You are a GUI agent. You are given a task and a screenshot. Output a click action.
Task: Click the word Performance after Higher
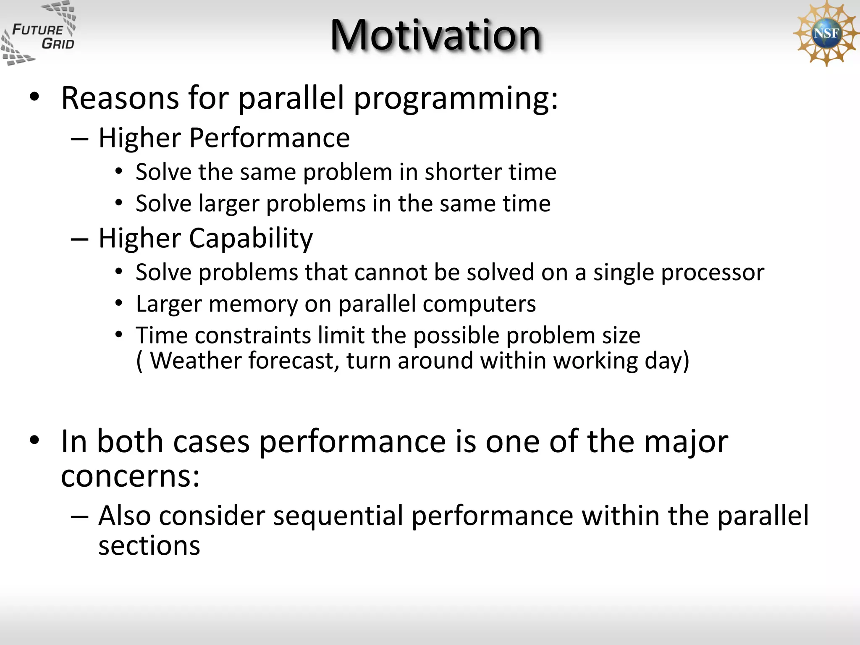(269, 138)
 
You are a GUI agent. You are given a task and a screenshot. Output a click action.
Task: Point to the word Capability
(251, 239)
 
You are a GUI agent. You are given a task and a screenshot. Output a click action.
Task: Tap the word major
(686, 442)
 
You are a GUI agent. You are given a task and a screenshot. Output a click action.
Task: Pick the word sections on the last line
(149, 545)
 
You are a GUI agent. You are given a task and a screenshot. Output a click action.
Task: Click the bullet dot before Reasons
(34, 98)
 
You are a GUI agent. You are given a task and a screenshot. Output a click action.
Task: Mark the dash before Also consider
(79, 516)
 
